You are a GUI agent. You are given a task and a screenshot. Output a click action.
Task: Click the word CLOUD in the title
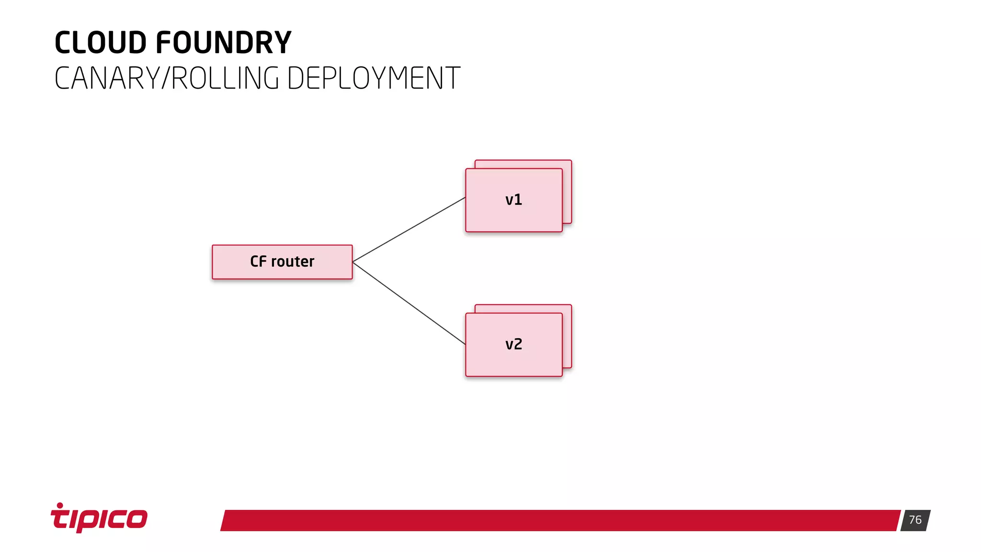pos(100,43)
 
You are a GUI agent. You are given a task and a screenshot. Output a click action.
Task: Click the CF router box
pos(225,271)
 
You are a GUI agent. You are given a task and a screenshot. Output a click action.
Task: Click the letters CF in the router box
pos(258,262)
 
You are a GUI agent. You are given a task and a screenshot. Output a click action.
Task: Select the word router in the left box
pos(293,262)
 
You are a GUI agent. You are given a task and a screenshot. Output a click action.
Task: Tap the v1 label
pos(513,200)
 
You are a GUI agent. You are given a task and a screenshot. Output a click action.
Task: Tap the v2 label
pos(513,345)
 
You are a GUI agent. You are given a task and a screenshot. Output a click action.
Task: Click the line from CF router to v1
pos(410,229)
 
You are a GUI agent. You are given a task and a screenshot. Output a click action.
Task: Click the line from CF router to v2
pos(410,303)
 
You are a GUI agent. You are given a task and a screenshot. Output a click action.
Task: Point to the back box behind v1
pos(568,192)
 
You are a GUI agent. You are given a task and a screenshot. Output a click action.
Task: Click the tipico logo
pos(99,518)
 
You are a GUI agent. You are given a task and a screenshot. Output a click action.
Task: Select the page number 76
pos(915,520)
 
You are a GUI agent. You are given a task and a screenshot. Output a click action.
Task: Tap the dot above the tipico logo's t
pos(60,505)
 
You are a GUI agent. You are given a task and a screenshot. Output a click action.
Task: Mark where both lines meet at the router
pos(353,262)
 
